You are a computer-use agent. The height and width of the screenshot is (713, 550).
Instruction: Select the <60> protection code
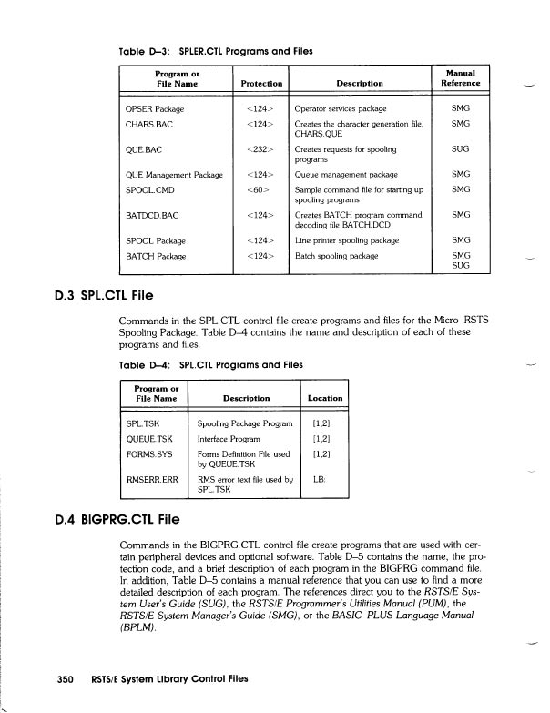tap(260, 189)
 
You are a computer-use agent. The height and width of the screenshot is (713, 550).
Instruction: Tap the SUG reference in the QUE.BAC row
tap(460, 148)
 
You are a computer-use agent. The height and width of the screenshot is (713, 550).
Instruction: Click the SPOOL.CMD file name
tap(149, 189)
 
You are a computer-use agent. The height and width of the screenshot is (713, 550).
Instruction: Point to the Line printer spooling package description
tap(342, 240)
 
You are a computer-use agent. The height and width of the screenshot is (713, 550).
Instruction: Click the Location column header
tap(325, 398)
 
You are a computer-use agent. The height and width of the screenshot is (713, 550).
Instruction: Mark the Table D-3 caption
tap(217, 51)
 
